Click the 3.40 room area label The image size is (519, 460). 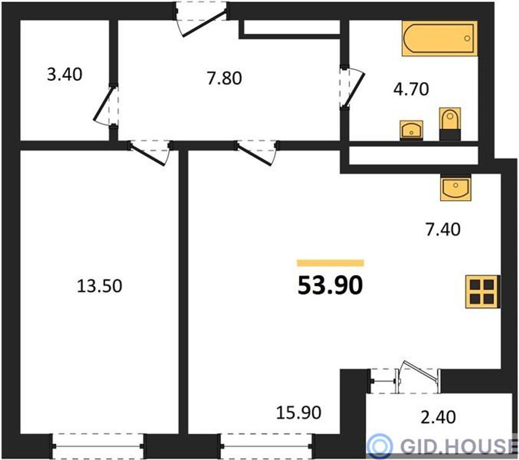click(x=64, y=75)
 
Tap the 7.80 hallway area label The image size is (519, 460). click(x=224, y=78)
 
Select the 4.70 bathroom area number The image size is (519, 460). click(x=411, y=90)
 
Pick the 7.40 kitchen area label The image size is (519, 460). click(x=443, y=229)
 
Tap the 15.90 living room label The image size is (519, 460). click(x=298, y=413)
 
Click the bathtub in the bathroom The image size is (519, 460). click(x=440, y=39)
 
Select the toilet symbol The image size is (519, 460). click(x=450, y=124)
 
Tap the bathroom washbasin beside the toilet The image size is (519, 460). click(x=412, y=131)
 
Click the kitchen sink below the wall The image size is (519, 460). click(x=456, y=188)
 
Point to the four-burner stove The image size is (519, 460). click(x=483, y=291)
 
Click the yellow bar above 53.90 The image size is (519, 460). click(x=330, y=263)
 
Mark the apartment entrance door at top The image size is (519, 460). click(x=201, y=19)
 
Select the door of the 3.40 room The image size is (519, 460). click(x=105, y=105)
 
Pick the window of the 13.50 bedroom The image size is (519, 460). click(x=98, y=446)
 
